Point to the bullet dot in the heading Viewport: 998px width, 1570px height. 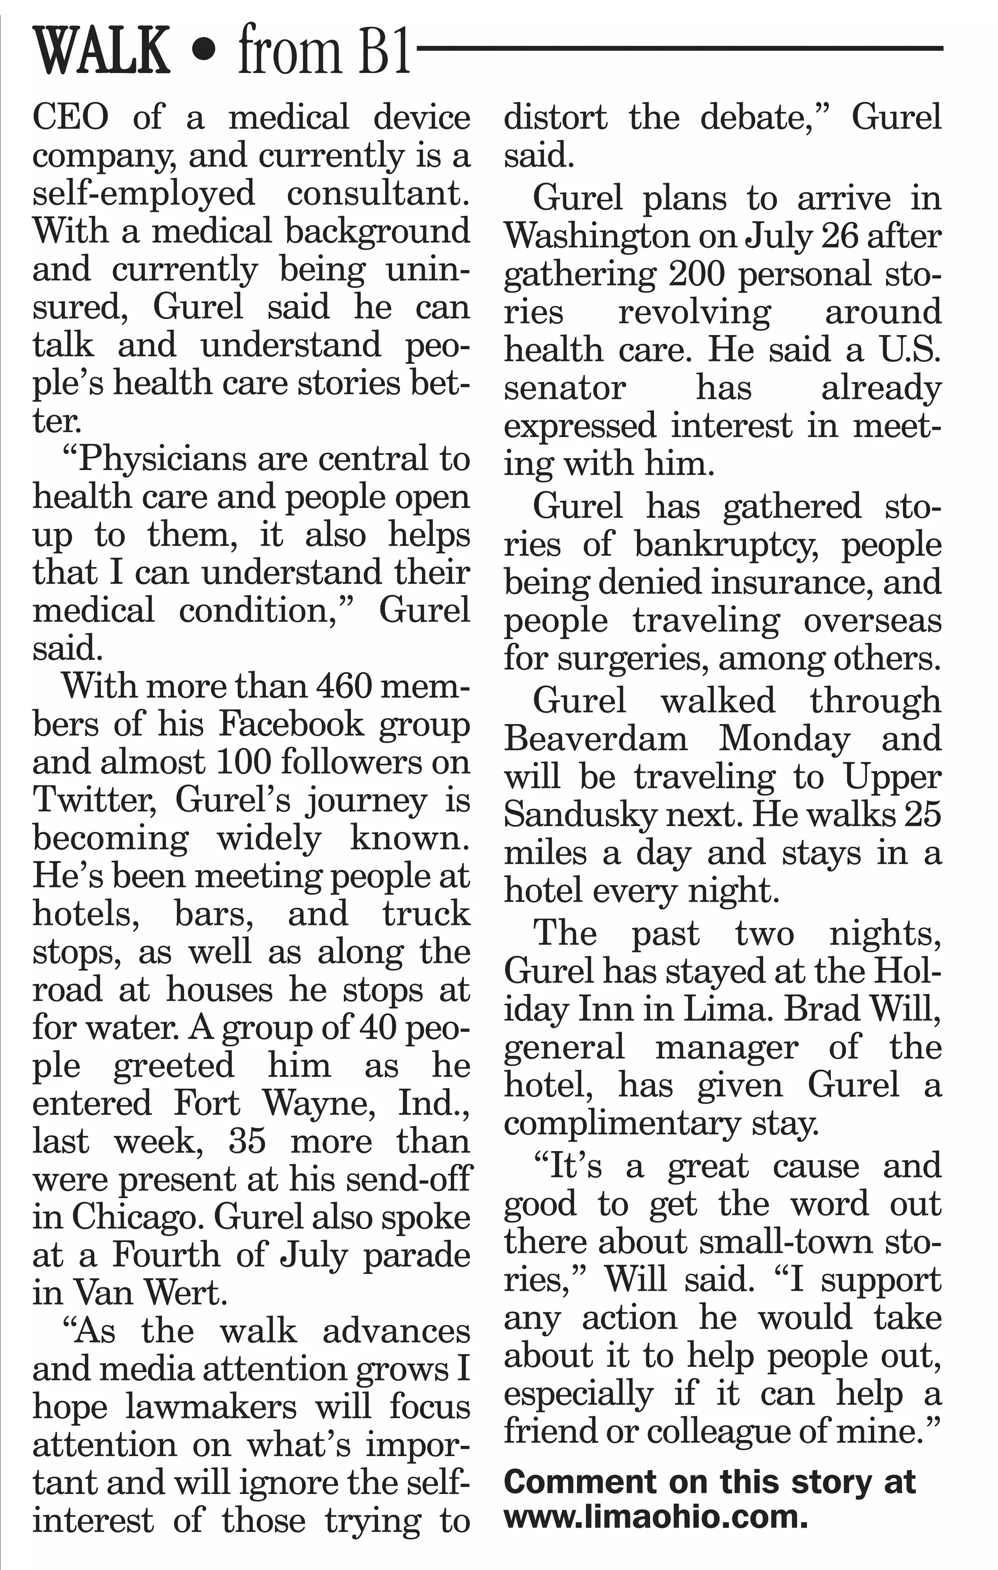click(204, 52)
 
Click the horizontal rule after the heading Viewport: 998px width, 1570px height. click(678, 49)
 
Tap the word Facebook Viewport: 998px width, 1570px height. click(291, 724)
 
